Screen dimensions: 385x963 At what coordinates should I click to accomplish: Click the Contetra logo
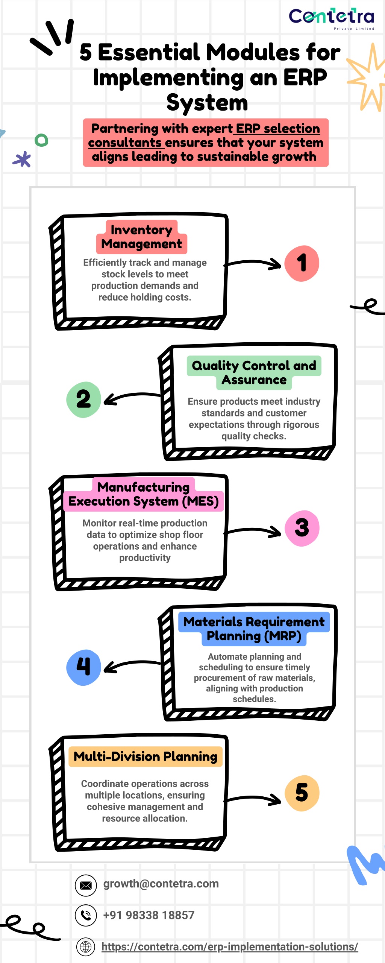(x=332, y=18)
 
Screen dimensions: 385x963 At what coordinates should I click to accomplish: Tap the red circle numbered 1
(x=302, y=263)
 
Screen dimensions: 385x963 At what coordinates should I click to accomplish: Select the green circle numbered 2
(x=83, y=399)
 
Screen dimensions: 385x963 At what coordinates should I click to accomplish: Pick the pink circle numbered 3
(x=302, y=528)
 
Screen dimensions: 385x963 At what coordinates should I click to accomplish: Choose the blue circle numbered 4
(x=83, y=667)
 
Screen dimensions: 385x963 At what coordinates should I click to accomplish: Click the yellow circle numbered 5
(x=302, y=793)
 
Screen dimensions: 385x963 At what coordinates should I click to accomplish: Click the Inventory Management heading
(x=142, y=237)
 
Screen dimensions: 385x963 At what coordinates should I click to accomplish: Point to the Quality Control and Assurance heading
(x=254, y=372)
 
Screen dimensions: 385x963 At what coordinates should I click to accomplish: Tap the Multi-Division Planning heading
(x=146, y=756)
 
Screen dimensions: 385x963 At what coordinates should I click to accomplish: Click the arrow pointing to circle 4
(x=132, y=666)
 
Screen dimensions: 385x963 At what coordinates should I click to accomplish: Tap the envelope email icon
(x=86, y=885)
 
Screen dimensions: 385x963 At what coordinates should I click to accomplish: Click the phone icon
(x=86, y=915)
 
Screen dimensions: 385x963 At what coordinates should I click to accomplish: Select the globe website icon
(x=86, y=946)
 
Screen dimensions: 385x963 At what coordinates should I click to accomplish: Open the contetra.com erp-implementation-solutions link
(x=230, y=946)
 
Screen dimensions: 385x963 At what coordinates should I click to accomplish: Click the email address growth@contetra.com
(x=161, y=884)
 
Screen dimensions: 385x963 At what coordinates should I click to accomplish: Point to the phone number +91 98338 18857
(x=149, y=915)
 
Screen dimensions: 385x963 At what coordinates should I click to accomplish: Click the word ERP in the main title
(x=305, y=77)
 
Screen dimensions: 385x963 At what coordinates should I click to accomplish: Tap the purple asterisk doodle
(x=22, y=159)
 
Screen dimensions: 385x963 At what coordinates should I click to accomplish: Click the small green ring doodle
(x=41, y=140)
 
